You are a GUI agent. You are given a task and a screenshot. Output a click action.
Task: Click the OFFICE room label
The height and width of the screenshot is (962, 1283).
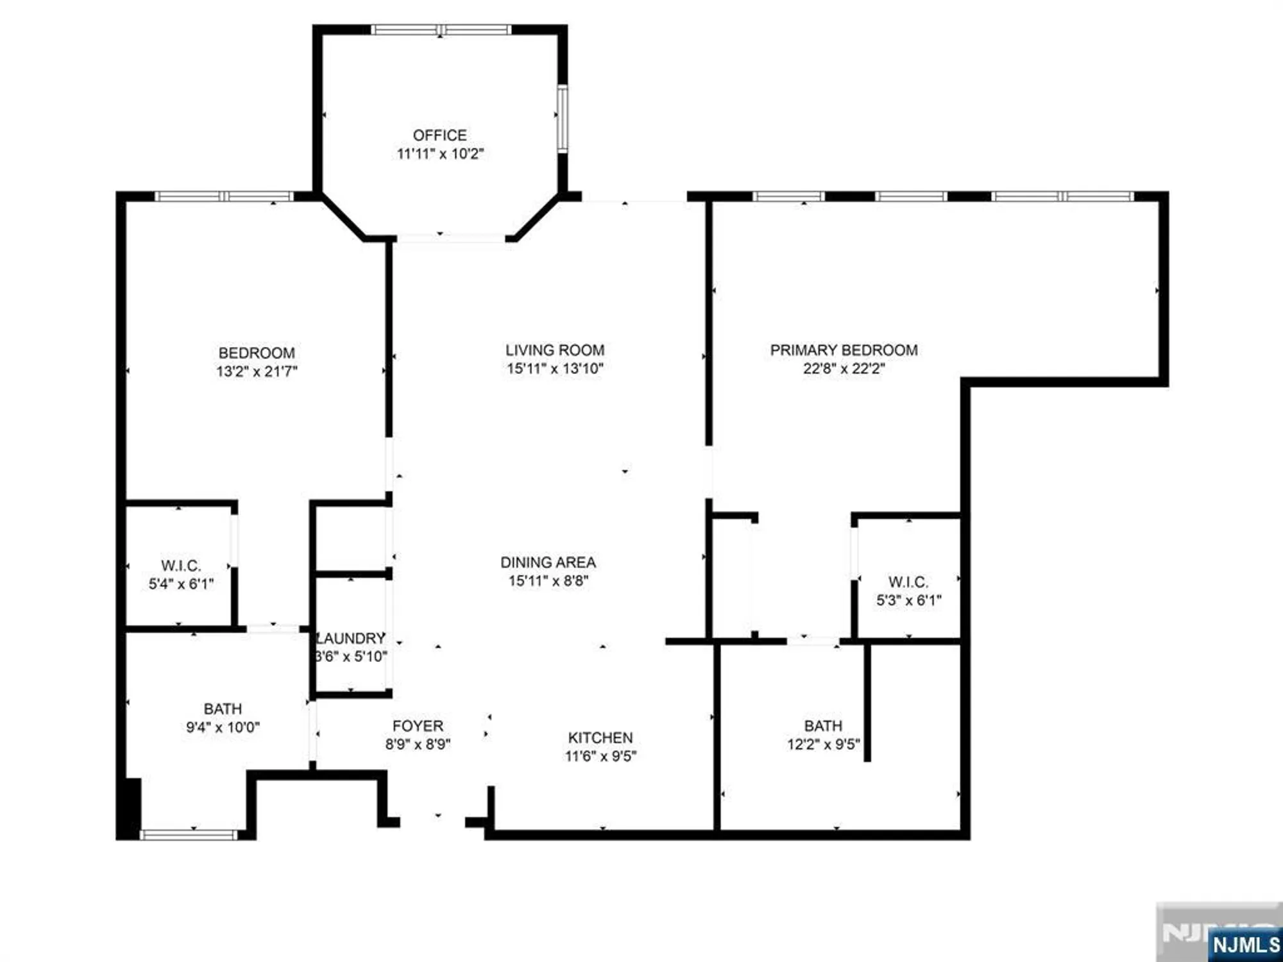point(439,135)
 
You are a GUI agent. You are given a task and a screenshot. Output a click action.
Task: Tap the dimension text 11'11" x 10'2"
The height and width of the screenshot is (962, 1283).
point(440,154)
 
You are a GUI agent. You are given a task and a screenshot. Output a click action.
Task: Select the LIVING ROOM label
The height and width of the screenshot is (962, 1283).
point(555,350)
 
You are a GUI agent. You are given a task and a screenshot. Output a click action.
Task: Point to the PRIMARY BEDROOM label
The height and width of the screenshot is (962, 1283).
point(844,350)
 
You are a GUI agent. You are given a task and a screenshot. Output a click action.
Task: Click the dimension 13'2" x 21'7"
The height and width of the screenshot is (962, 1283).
point(257,371)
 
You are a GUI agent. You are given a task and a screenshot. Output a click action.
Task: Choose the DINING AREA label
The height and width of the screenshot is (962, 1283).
point(548,562)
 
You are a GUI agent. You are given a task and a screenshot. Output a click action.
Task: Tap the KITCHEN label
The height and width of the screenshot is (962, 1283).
point(600,738)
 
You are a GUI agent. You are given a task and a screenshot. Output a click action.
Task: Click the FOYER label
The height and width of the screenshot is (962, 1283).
point(418,726)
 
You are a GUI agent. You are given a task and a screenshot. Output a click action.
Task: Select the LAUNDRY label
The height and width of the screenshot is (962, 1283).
point(352,638)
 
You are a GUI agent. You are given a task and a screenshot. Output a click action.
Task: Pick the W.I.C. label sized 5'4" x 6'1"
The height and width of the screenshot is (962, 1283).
point(181,566)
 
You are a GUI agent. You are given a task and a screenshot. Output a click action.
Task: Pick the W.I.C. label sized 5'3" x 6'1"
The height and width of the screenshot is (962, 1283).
point(908,582)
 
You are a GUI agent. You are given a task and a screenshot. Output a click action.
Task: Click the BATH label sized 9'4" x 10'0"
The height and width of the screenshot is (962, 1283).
point(223,709)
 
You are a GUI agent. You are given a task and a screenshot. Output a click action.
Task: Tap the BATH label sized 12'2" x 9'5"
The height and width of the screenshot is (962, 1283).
point(823,726)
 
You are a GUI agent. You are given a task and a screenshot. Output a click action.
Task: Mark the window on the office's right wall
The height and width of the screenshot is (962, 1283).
point(562,119)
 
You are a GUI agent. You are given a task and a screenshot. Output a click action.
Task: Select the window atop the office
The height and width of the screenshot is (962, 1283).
point(441,30)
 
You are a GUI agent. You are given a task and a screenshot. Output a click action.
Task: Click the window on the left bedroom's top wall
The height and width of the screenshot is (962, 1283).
point(224,196)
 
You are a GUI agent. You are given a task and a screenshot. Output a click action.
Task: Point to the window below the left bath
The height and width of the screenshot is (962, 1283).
point(189,834)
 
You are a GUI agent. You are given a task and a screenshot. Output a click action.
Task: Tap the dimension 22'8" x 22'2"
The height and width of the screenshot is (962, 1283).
point(844,369)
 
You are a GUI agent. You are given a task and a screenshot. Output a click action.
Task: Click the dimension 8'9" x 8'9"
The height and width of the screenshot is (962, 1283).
point(418,745)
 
